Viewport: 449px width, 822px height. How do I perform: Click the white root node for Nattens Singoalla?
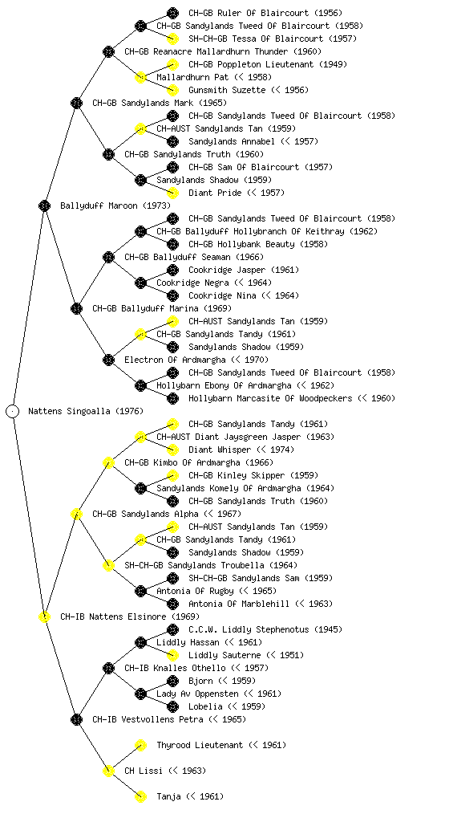click(13, 411)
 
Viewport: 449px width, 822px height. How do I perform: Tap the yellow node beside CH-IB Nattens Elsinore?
click(44, 616)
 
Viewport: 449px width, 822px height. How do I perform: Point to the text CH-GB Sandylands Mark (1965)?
click(160, 103)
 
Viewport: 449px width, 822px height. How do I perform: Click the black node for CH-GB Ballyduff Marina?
click(76, 308)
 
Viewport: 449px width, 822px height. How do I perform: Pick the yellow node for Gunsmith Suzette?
click(172, 90)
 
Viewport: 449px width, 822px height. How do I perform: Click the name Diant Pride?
click(215, 193)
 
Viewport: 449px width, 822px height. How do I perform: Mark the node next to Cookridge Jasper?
click(172, 270)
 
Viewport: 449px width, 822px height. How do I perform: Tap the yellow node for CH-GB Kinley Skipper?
click(172, 475)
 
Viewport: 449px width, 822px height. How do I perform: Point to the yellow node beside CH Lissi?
click(108, 771)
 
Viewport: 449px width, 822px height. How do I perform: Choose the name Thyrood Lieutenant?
click(200, 745)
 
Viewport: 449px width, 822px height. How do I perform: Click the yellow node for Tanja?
click(140, 796)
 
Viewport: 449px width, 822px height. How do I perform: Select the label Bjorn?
click(200, 681)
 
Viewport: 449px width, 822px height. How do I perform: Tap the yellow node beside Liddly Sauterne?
click(172, 655)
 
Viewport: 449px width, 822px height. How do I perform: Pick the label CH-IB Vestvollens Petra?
click(148, 719)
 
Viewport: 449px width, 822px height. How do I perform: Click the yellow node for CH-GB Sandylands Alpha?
click(76, 514)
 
